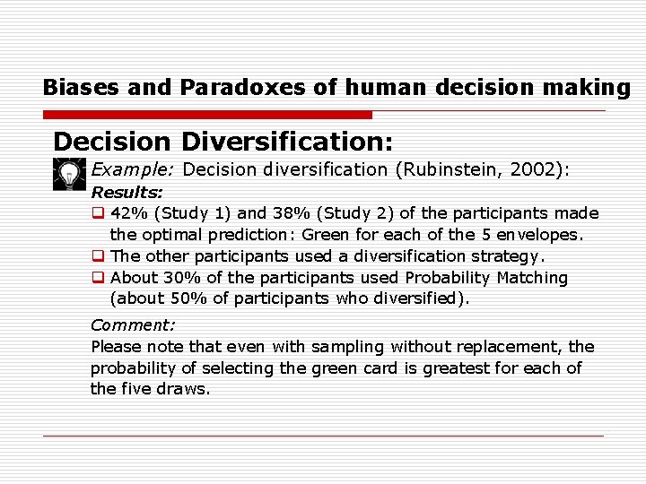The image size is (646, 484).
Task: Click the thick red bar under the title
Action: [x=207, y=115]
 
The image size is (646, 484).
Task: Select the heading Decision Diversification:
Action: [x=223, y=142]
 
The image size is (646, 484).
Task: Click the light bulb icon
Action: [x=68, y=173]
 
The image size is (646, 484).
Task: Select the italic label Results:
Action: [x=127, y=192]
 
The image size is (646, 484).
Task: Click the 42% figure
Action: [x=129, y=213]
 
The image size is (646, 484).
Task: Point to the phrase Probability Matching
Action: [x=486, y=278]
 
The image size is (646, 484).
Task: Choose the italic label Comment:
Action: [x=133, y=325]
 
